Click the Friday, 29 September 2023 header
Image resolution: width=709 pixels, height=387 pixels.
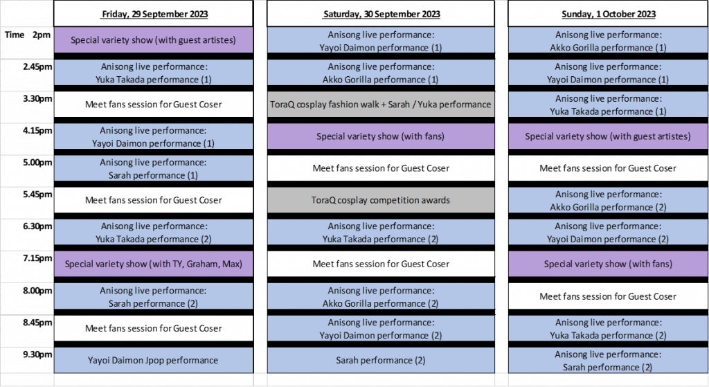[x=154, y=14]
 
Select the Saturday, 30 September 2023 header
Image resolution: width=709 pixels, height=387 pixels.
[x=382, y=14]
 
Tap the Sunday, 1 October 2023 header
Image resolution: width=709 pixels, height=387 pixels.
[x=608, y=14]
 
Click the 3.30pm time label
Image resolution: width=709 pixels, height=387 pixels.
[x=37, y=98]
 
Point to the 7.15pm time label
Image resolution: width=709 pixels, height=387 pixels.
[x=37, y=258]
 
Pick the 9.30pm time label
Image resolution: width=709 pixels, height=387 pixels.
[x=37, y=354]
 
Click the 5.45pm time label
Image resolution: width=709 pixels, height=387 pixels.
[x=37, y=195]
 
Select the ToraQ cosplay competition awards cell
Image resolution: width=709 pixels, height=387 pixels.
[x=381, y=200]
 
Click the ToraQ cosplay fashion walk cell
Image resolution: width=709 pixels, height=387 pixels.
[x=381, y=105]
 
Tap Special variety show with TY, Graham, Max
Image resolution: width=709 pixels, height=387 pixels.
[x=153, y=264]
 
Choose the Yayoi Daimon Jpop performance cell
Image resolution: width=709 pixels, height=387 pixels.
[x=153, y=360]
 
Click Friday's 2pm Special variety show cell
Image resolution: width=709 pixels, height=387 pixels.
[x=153, y=39]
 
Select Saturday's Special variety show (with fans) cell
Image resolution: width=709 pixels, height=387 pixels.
[x=381, y=136]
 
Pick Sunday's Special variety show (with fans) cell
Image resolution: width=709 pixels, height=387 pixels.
[x=608, y=264]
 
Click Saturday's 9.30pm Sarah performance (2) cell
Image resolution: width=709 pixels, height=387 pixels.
[x=381, y=360]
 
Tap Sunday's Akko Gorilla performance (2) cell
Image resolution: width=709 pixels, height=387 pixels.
[x=608, y=200]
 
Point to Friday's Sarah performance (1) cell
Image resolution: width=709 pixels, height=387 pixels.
[x=153, y=168]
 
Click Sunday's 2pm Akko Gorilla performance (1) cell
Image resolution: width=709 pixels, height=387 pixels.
[x=608, y=41]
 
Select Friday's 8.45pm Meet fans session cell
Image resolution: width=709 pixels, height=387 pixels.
[x=153, y=328]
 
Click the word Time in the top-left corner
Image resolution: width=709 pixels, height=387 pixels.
[x=15, y=35]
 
